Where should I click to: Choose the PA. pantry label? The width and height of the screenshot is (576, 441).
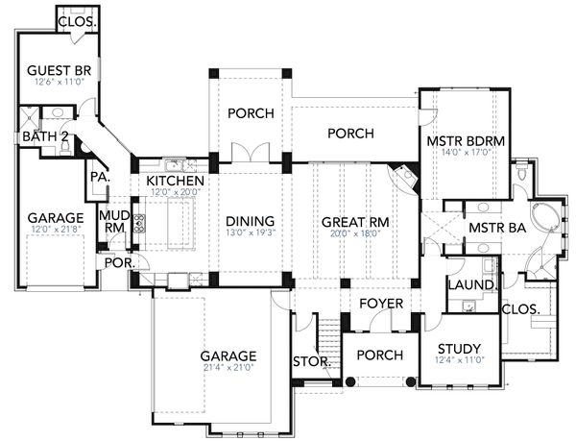[98, 178]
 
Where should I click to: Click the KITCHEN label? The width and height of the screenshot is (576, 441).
[175, 182]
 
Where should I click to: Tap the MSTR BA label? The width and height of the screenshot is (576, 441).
[494, 227]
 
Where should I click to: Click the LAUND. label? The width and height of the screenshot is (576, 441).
[470, 285]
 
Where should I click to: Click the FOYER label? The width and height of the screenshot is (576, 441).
[380, 304]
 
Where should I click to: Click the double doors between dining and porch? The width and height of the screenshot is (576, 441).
[250, 154]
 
